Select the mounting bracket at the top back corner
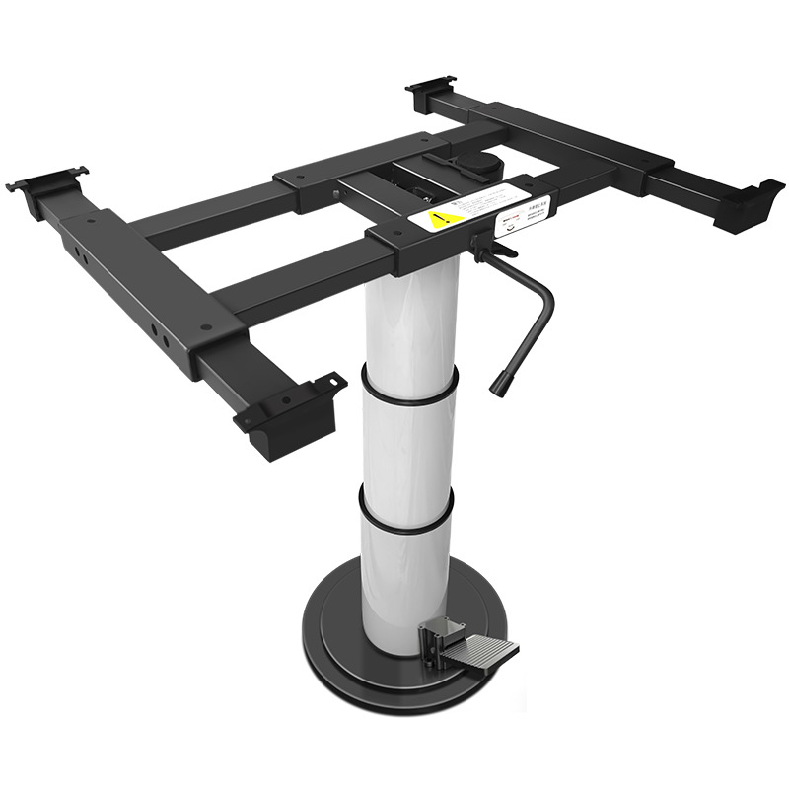click(431, 90)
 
